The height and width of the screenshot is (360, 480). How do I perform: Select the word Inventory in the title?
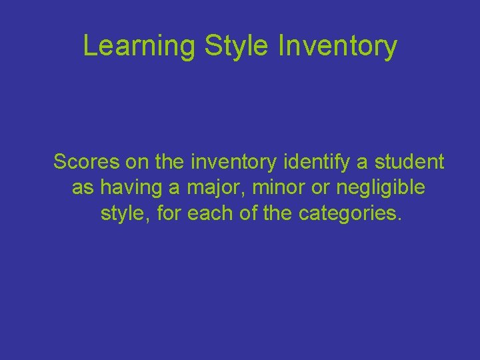coord(337,47)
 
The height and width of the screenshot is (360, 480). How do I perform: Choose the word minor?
coord(282,188)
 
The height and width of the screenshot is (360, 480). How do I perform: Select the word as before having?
coord(83,189)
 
